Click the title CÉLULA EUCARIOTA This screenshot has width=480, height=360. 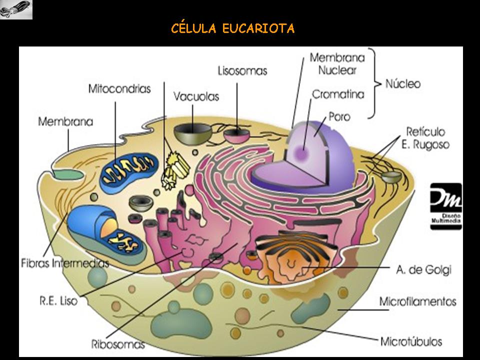pos(232,28)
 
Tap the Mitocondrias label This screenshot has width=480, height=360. pos(119,89)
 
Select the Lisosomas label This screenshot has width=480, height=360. pos(242,70)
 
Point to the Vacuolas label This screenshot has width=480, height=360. pos(196,96)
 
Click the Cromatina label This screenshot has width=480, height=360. pos(338,94)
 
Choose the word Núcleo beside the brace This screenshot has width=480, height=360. pos(402,83)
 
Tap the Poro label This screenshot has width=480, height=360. pos(339,117)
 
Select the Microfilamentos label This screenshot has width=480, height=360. pos(417,301)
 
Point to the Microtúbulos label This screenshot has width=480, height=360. pos(411,342)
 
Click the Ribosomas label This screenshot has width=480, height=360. pos(118,344)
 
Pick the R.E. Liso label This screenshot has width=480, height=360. pos(58,301)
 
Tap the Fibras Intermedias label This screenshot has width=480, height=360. pos(65,262)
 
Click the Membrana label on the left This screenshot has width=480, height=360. pos(65,121)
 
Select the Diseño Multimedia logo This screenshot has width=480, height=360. pos(446,206)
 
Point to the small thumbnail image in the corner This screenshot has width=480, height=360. pos(16,9)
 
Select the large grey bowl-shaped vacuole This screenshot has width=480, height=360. pos(193,133)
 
